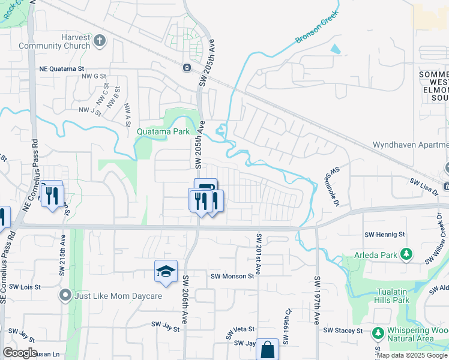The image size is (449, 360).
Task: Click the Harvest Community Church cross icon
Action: [100, 41]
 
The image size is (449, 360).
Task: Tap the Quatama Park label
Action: [163, 131]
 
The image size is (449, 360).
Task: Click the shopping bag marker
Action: [267, 350]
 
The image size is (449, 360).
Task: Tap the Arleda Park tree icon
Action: [406, 254]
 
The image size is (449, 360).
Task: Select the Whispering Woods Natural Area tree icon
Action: [378, 332]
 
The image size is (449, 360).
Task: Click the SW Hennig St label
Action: [385, 234]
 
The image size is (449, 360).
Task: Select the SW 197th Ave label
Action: [316, 300]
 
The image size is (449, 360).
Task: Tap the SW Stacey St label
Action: [343, 331]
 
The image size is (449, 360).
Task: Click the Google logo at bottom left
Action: [20, 353]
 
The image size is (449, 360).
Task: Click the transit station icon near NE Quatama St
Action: [187, 67]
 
